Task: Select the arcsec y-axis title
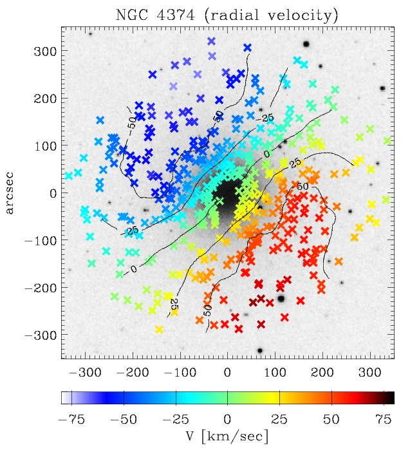pyautogui.click(x=12, y=192)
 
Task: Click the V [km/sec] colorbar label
pyautogui.click(x=227, y=436)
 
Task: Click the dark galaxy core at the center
pyautogui.click(x=227, y=192)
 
